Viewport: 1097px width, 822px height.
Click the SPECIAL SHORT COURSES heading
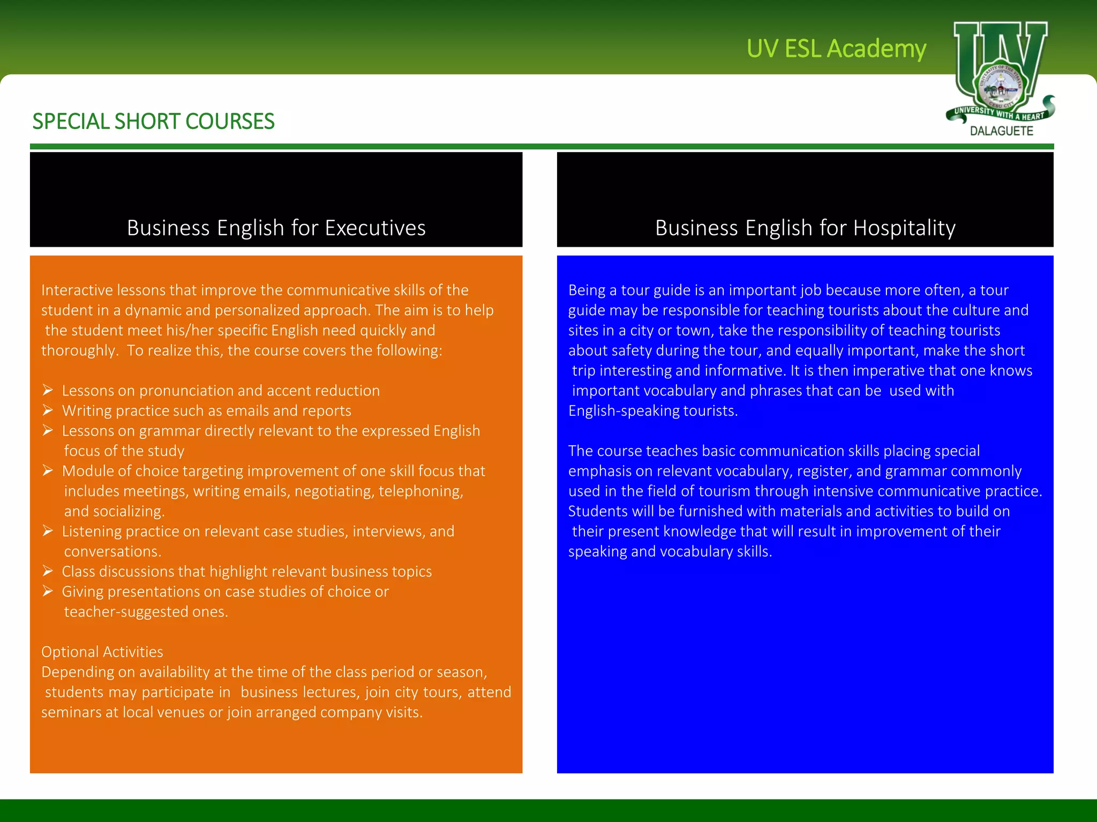click(x=153, y=121)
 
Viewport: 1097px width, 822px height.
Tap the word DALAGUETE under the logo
click(x=1001, y=131)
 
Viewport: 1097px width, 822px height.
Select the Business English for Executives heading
click(x=276, y=228)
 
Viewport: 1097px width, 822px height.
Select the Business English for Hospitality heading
click(x=805, y=228)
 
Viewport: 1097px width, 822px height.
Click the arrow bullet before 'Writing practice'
click(x=48, y=410)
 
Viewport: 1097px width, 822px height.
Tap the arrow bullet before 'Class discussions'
click(x=48, y=572)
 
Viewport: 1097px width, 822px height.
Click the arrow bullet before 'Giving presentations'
click(x=48, y=591)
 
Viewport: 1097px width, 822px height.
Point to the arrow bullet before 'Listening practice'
click(x=48, y=531)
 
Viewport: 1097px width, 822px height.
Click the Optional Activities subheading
click(x=102, y=652)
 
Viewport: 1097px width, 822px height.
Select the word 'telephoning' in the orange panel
click(x=420, y=491)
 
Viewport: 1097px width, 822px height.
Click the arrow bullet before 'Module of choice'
click(x=48, y=471)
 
